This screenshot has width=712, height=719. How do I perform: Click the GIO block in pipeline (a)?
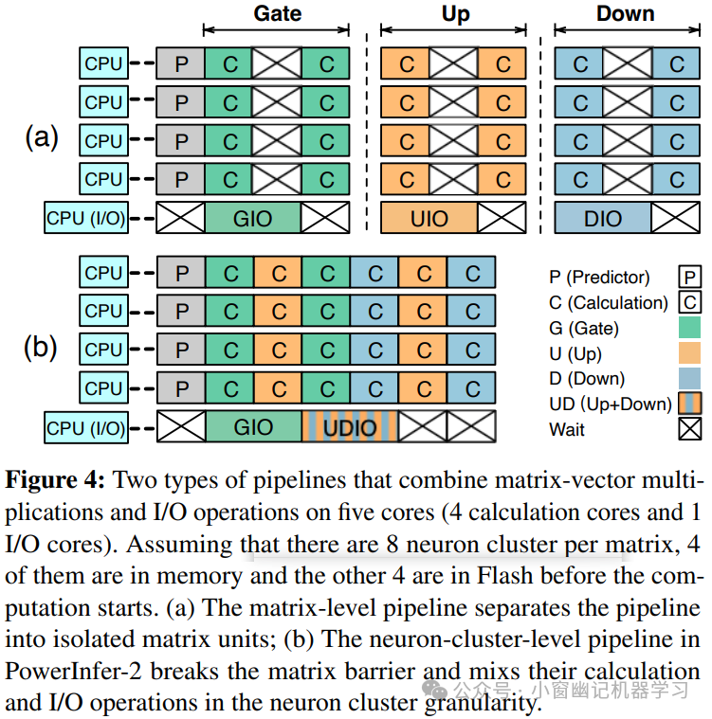[x=253, y=219]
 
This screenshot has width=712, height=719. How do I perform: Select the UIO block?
[x=429, y=219]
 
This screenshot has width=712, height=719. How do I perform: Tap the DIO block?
[x=602, y=219]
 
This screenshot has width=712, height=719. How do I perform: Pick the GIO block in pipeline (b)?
[x=253, y=427]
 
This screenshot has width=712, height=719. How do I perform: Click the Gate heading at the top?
[x=278, y=13]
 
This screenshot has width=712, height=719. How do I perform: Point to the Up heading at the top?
[x=455, y=13]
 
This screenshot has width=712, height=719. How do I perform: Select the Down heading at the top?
[x=626, y=13]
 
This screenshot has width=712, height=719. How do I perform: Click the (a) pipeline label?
[x=41, y=138]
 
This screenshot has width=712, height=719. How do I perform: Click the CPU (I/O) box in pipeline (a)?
[x=85, y=219]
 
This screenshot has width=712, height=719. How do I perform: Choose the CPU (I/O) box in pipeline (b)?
[x=85, y=427]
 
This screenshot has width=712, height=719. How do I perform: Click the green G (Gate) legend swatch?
[x=690, y=328]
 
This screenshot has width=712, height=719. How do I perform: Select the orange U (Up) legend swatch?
[x=690, y=353]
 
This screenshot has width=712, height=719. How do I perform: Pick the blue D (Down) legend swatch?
[x=690, y=379]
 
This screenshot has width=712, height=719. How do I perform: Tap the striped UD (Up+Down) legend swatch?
[x=690, y=404]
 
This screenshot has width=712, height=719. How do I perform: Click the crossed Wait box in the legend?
[x=690, y=430]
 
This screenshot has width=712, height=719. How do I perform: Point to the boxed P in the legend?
[x=690, y=277]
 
